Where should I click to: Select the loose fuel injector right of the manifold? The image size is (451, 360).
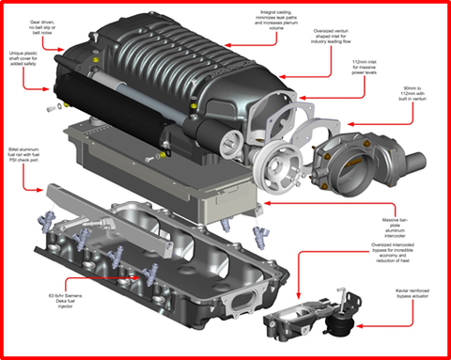pos(258,236)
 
